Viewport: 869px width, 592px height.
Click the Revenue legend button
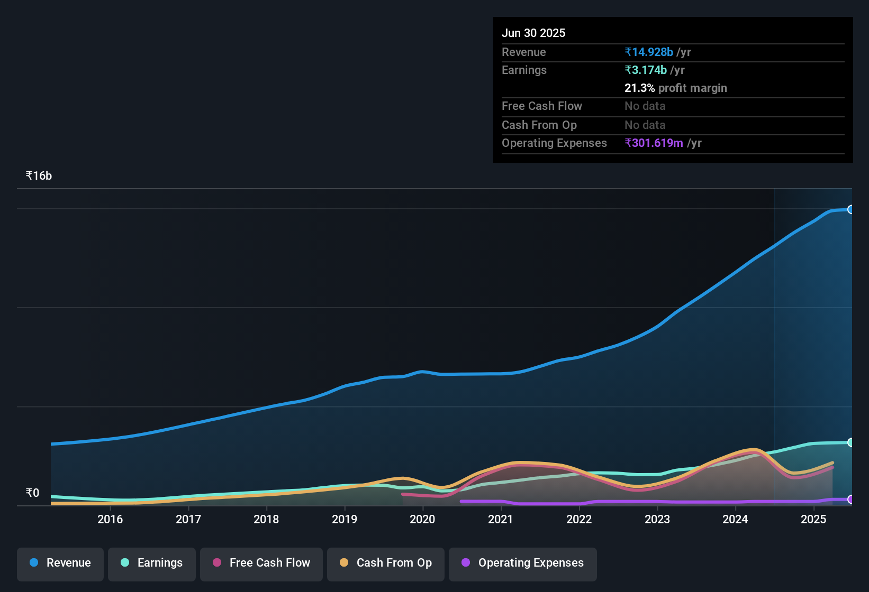coord(60,563)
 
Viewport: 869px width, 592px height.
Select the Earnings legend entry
coord(152,563)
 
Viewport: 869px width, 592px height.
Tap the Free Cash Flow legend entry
coord(261,563)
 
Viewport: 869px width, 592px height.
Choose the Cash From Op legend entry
coord(386,563)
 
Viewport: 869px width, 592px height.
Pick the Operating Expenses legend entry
coord(523,563)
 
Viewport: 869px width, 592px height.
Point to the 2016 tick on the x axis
coord(110,519)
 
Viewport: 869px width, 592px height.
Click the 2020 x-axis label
coord(422,519)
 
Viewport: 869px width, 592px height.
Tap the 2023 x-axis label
coord(657,519)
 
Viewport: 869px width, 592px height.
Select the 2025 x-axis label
coord(813,519)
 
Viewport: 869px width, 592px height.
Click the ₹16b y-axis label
coord(39,176)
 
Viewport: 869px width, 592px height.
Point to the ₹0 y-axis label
coord(32,493)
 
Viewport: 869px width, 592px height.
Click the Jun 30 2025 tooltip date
coord(533,33)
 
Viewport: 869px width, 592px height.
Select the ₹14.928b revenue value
coord(649,52)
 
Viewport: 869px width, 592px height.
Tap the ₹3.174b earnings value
coord(646,70)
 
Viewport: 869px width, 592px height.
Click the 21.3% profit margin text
coord(675,88)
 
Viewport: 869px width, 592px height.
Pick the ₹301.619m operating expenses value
coord(654,143)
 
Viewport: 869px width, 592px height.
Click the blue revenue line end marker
coord(850,209)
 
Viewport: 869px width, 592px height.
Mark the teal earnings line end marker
coord(850,442)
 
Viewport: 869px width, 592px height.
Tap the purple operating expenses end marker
coord(850,499)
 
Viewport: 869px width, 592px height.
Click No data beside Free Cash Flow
coord(645,106)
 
